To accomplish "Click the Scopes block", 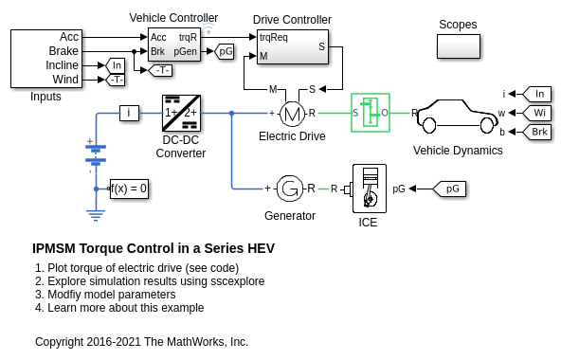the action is [x=459, y=46].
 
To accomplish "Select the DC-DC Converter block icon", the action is [x=181, y=113].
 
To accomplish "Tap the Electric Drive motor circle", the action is [x=292, y=114].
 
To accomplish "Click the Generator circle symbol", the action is [x=290, y=189].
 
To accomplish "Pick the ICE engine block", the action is [x=370, y=189].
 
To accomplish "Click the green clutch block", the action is [x=371, y=113].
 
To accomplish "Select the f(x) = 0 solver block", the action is [x=129, y=189].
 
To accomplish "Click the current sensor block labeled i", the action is [x=129, y=113].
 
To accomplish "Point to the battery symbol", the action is [x=96, y=153].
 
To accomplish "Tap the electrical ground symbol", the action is [x=96, y=215].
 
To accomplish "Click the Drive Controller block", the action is [x=293, y=46].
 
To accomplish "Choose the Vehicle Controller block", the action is [x=174, y=45].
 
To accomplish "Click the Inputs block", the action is [x=46, y=59].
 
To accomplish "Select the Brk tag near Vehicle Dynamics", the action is [x=536, y=132].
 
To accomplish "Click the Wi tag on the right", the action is [x=536, y=113].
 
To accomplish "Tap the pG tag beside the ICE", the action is [x=449, y=189].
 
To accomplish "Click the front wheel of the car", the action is [x=486, y=125].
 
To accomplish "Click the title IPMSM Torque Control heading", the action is [x=154, y=248].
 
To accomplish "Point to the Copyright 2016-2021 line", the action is [x=142, y=342].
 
